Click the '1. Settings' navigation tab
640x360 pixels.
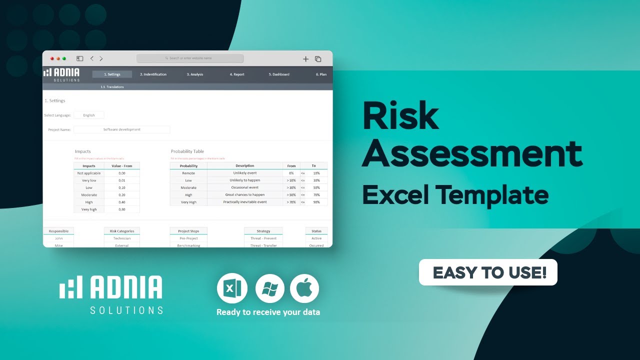coord(112,74)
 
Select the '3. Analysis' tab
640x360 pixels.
coord(195,74)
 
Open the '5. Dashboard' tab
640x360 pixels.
coord(279,74)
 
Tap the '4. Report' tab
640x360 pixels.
coord(237,74)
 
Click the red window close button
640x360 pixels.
coord(52,58)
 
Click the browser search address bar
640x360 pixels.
coord(190,58)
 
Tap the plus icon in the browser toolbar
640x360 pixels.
coord(305,59)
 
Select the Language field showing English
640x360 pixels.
coord(89,115)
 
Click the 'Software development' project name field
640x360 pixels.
coord(122,129)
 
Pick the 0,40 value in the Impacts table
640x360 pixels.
coord(122,202)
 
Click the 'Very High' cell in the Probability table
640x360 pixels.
coord(188,202)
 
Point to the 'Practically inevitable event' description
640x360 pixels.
coord(245,202)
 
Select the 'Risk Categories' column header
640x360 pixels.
coord(122,231)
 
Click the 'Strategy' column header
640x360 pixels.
coord(263,231)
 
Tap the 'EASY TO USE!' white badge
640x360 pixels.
coord(488,272)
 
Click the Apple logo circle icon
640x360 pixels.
coord(304,288)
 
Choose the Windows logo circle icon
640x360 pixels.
coord(270,288)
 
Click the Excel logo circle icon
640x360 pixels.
coord(231,288)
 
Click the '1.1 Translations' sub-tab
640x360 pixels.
coord(112,87)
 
